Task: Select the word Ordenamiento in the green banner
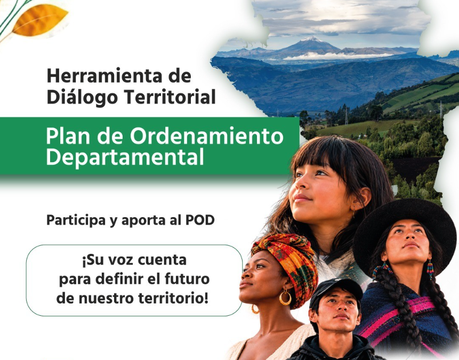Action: pos(207,136)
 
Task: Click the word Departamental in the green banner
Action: pos(125,157)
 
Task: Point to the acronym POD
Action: pos(200,220)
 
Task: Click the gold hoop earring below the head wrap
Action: pos(285,298)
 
